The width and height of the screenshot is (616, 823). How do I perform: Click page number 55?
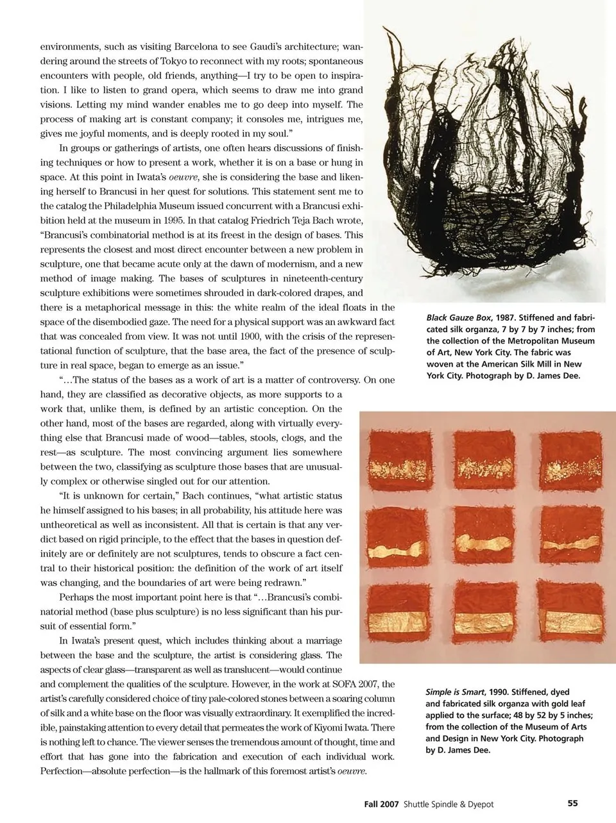tap(573, 803)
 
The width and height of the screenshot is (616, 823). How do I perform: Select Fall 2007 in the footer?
tap(378, 804)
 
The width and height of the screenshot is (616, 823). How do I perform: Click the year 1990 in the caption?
tap(502, 692)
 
